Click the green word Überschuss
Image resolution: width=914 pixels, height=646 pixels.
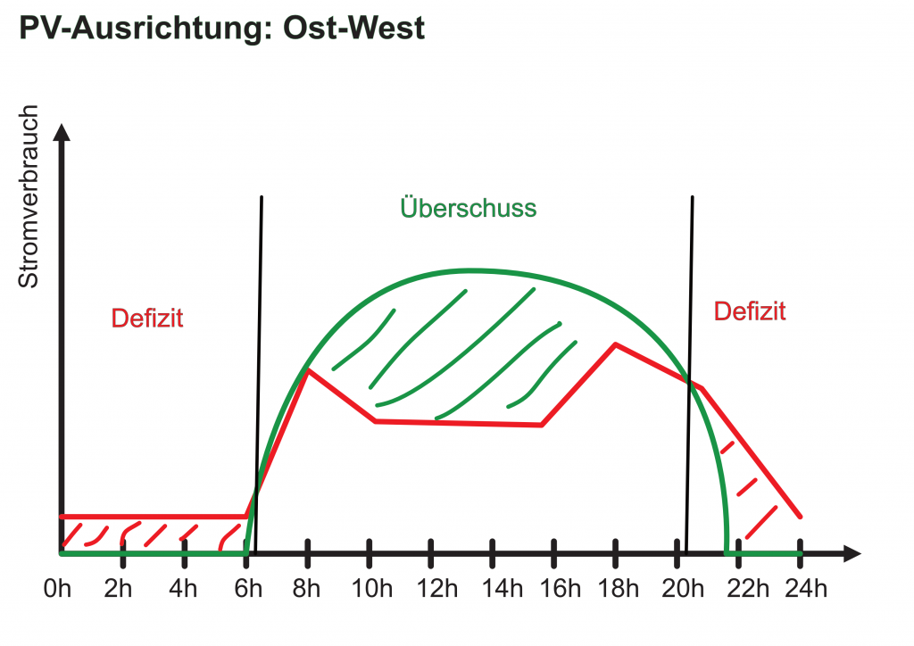[x=469, y=208]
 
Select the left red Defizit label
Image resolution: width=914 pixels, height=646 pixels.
[x=147, y=318]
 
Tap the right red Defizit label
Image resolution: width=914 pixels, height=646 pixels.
[x=750, y=311]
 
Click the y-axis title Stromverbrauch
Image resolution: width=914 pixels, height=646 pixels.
[x=29, y=197]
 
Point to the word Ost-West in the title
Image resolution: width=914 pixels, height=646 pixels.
[x=353, y=29]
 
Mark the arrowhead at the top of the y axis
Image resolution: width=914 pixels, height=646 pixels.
[x=62, y=130]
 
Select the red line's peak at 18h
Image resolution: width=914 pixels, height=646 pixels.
[x=614, y=344]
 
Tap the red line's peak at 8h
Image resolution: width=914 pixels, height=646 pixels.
[x=307, y=369]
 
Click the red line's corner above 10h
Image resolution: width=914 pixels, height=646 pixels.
[x=375, y=420]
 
